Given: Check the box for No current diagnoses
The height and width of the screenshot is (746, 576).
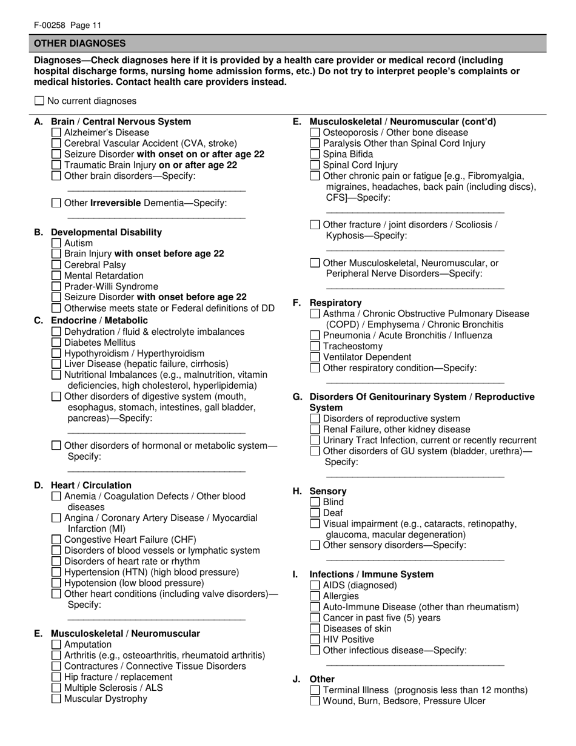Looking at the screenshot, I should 39,101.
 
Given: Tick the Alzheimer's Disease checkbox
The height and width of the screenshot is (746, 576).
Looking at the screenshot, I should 56,132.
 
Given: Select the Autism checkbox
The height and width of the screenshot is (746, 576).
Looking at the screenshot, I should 56,243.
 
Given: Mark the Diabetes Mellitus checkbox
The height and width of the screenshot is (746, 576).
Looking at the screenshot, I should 56,343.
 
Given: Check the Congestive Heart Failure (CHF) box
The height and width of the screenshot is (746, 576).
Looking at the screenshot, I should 56,540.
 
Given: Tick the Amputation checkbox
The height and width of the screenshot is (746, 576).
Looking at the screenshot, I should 56,645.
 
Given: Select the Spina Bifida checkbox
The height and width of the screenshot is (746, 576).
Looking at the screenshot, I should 315,154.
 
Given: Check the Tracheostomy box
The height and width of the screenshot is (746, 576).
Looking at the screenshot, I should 315,346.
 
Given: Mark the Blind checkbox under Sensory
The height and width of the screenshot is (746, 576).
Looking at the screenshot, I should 315,502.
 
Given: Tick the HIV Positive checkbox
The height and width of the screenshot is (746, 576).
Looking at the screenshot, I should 315,639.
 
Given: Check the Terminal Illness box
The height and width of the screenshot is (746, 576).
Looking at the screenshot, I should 315,690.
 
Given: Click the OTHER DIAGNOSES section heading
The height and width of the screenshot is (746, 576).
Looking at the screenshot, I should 80,44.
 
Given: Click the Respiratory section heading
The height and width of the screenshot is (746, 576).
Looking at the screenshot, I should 335,303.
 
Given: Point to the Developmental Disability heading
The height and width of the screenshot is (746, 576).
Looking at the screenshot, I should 106,232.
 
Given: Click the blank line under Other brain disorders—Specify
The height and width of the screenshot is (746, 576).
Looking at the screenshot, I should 156,191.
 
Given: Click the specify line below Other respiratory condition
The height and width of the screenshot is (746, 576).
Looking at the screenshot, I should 415,383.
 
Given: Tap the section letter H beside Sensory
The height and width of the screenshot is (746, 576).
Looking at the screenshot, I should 298,491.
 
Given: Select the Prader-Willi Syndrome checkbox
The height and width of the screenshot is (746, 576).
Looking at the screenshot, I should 56,287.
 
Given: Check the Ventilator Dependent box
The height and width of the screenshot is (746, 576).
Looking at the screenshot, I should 315,357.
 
